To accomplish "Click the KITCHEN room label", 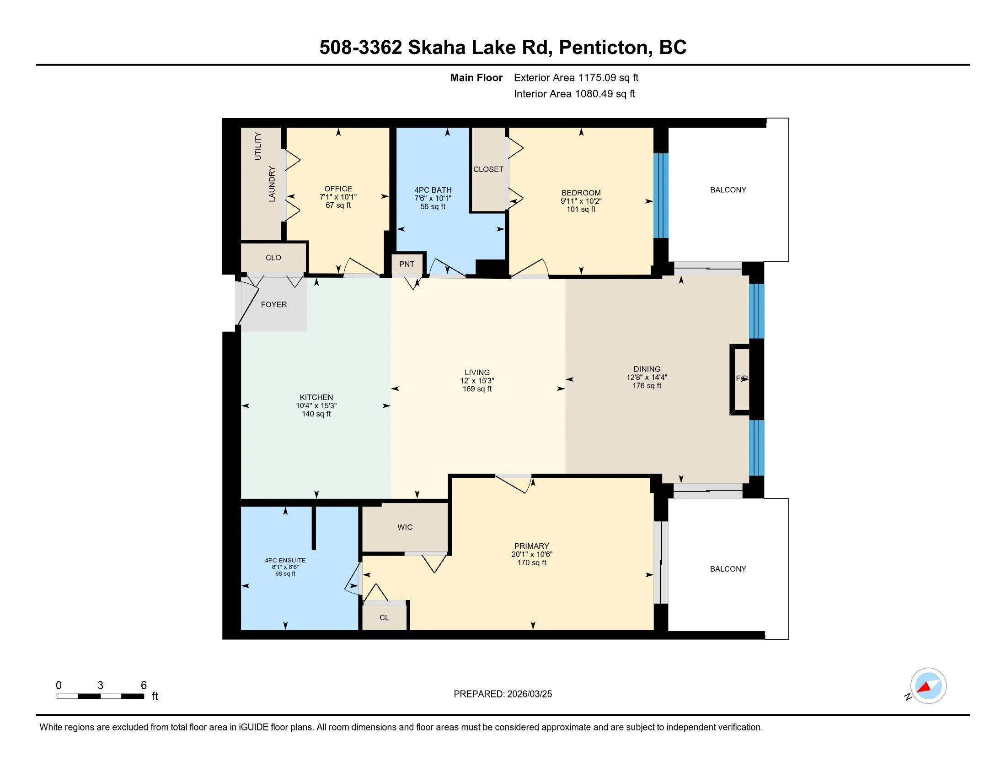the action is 316,397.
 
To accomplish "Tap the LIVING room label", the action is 477,373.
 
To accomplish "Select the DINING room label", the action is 647,369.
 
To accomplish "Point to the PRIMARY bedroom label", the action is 531,546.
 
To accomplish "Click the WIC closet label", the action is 405,527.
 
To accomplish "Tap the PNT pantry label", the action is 407,264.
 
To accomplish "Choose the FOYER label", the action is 273,305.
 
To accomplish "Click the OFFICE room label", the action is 338,189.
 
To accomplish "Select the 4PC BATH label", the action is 433,190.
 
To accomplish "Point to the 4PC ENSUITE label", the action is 285,561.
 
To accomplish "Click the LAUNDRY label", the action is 272,184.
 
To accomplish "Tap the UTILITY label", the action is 258,146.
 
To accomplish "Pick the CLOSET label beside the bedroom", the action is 488,169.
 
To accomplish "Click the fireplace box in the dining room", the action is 740,379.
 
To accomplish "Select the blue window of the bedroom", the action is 661,195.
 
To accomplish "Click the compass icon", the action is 928,686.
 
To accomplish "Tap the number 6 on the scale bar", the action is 144,686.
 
